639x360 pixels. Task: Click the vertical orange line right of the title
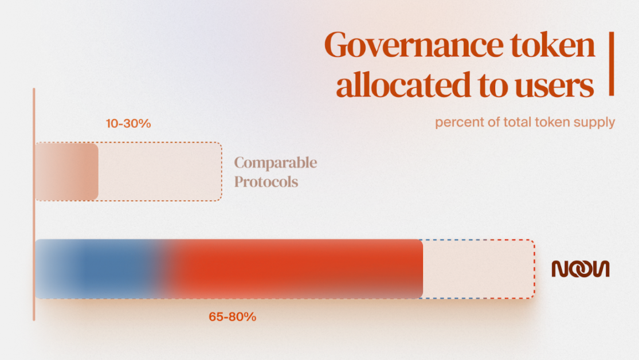611,64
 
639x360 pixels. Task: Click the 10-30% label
128,123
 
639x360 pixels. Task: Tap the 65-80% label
232,316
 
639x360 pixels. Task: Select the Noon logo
580,269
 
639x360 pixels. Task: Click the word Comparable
276,163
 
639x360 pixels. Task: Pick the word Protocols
266,182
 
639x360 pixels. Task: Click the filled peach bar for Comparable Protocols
66,171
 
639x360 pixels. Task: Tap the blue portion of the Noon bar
97,269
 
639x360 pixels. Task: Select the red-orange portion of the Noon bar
298,269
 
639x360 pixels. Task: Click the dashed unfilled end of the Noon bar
479,269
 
